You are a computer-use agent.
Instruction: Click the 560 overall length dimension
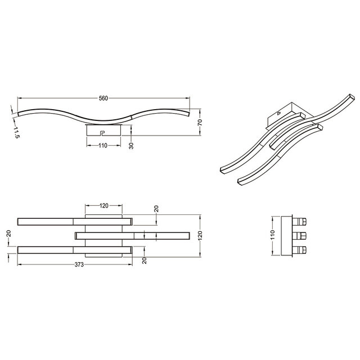point(103,98)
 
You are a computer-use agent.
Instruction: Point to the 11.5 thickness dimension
point(16,133)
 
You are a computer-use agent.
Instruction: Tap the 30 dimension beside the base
point(132,145)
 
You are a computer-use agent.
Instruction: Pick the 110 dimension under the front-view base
point(103,146)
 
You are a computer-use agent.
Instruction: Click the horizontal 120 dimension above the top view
point(103,206)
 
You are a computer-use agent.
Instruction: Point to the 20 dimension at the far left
point(8,234)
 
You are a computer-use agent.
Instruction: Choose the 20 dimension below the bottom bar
point(144,259)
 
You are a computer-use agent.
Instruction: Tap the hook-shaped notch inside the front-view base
point(102,133)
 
